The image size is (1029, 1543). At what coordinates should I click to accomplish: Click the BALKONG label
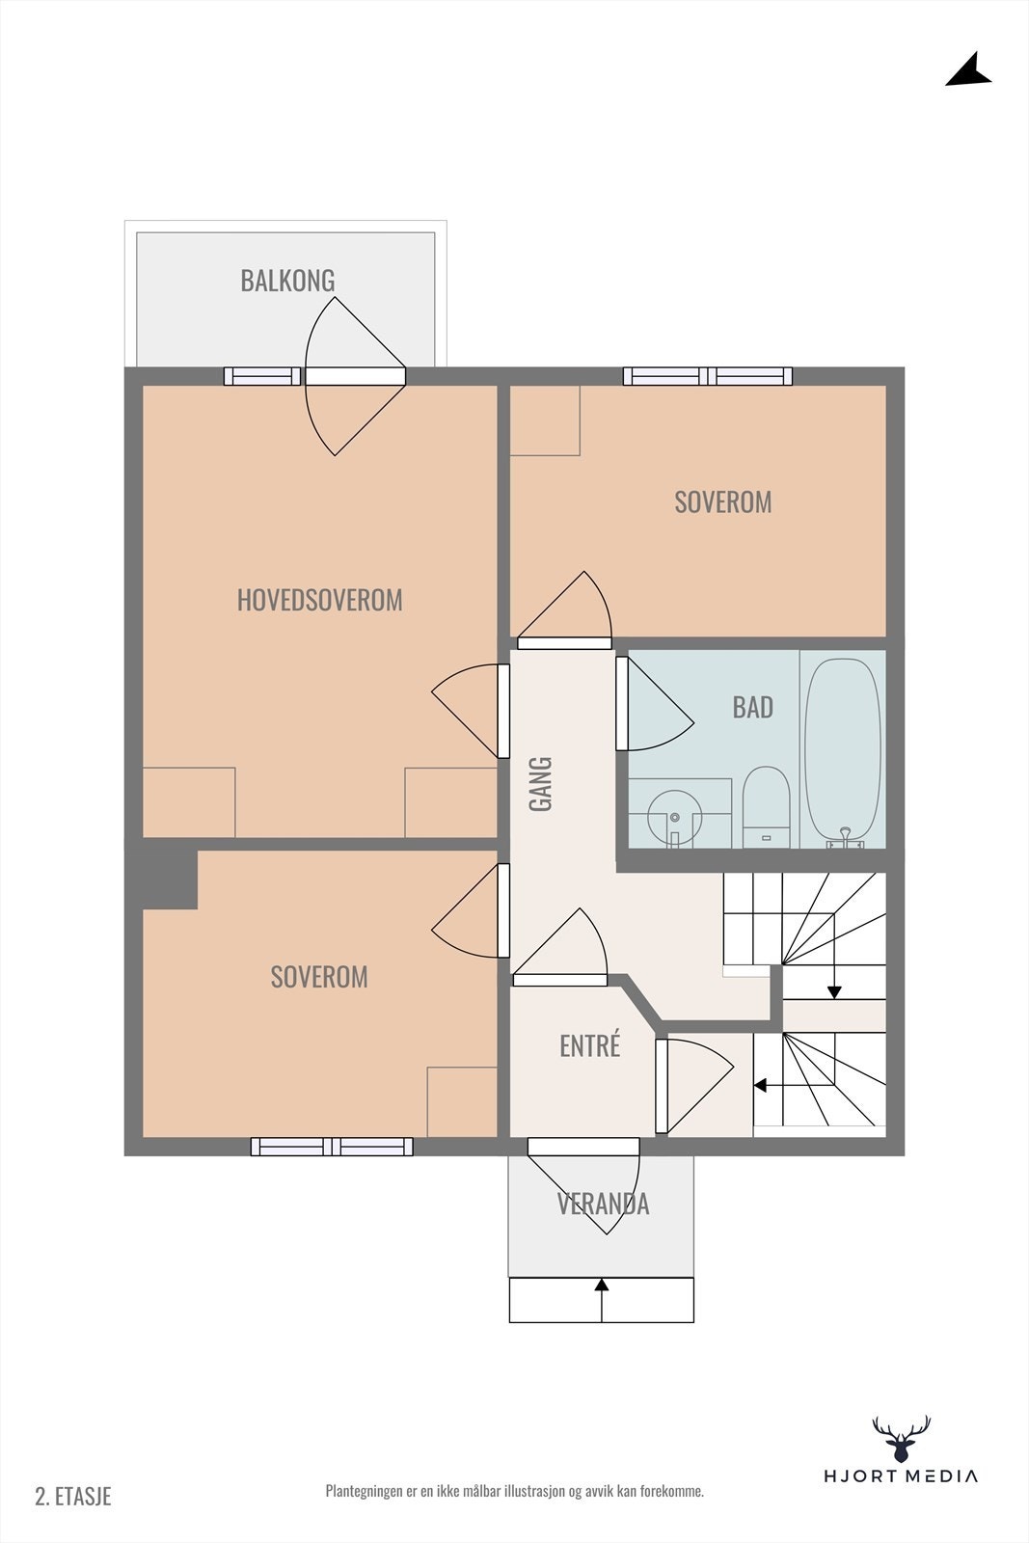[x=288, y=281]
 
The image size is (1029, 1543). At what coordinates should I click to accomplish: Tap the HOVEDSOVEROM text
[x=319, y=600]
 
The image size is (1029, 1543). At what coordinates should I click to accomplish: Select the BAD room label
[x=753, y=708]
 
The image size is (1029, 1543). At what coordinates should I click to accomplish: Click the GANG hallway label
[x=541, y=784]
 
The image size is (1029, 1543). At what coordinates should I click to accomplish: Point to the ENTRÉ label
[x=589, y=1045]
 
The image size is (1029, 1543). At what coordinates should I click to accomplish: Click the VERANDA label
[x=603, y=1204]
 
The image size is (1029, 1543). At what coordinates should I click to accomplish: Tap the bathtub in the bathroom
[x=843, y=752]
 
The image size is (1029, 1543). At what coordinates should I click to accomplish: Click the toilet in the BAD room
[x=766, y=806]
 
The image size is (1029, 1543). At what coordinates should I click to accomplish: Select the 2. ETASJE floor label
[x=73, y=1496]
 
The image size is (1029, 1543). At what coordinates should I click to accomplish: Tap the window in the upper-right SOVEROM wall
[x=707, y=376]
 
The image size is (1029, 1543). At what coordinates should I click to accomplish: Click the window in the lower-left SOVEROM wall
[x=332, y=1147]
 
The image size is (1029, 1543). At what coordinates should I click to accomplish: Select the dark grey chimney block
[x=170, y=879]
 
